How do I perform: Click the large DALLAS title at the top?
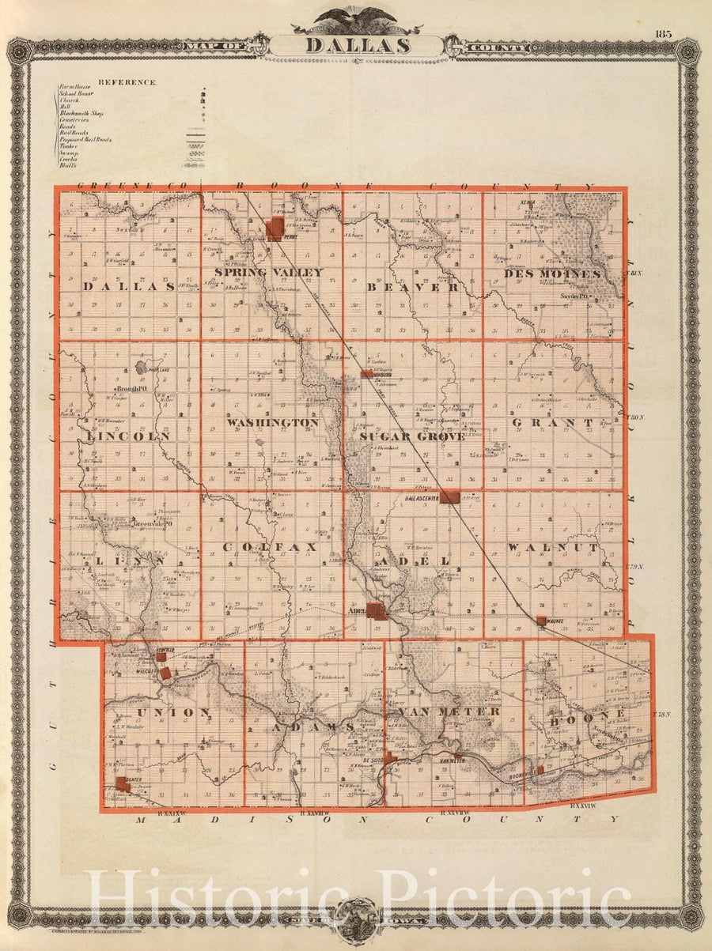coord(358,45)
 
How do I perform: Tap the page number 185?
coord(662,33)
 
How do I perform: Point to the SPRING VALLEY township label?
coord(269,273)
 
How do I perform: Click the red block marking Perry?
coord(275,229)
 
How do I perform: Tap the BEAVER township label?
coord(413,288)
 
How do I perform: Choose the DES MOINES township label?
coord(552,274)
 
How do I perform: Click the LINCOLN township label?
coord(130,436)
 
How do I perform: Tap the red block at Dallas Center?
coord(449,496)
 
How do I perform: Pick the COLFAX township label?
coord(269,547)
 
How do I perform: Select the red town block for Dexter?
coord(123,783)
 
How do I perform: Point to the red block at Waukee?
coord(541,621)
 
